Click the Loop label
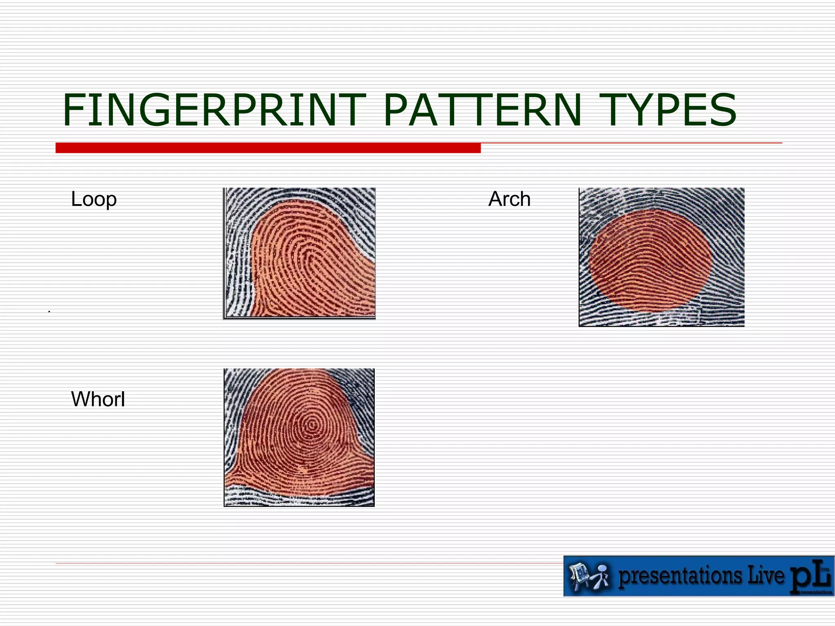[x=94, y=199]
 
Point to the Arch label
[x=509, y=199]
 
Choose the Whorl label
[x=98, y=399]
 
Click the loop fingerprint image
[x=300, y=253]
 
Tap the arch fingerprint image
[x=661, y=257]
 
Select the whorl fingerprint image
[x=299, y=437]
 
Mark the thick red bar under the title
[x=268, y=148]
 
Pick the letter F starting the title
[x=73, y=110]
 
